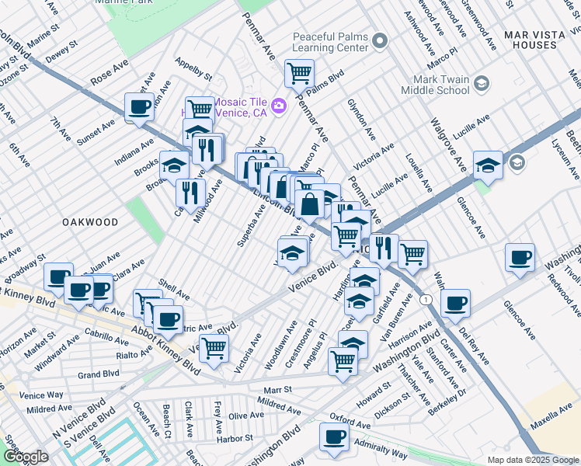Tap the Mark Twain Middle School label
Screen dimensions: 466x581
pyautogui.click(x=436, y=84)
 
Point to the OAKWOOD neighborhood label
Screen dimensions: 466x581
pyautogui.click(x=91, y=222)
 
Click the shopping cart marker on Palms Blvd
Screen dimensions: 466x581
pyautogui.click(x=299, y=73)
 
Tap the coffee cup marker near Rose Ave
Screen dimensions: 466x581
pyautogui.click(x=139, y=107)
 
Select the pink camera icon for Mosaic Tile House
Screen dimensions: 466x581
pyautogui.click(x=278, y=105)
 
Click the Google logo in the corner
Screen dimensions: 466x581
pyautogui.click(x=25, y=457)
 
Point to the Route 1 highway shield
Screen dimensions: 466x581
pyautogui.click(x=425, y=300)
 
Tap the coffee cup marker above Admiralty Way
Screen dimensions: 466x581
pyautogui.click(x=335, y=436)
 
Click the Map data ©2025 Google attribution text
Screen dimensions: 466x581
pyautogui.click(x=532, y=460)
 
